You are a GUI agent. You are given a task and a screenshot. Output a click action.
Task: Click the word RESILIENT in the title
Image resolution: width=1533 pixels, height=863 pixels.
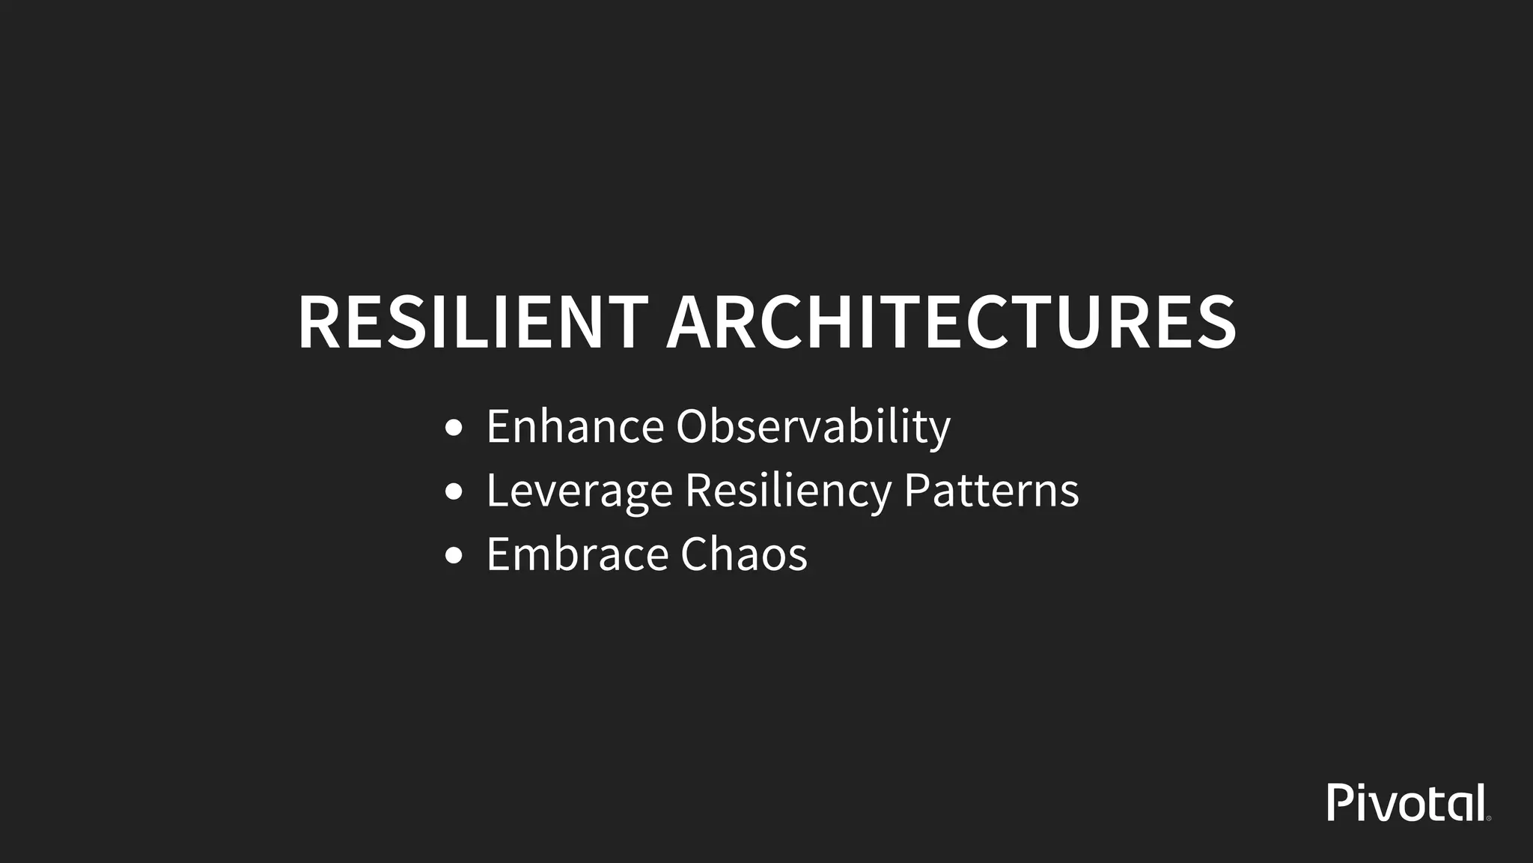(x=472, y=322)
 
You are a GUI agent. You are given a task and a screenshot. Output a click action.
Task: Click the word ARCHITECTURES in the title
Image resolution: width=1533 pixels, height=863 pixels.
(x=951, y=322)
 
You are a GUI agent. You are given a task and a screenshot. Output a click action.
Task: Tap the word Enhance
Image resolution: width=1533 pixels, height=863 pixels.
(x=575, y=426)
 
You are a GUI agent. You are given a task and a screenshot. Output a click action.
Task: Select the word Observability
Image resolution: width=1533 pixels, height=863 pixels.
(x=813, y=428)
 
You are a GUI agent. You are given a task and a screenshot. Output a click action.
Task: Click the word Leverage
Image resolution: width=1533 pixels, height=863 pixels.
(x=579, y=491)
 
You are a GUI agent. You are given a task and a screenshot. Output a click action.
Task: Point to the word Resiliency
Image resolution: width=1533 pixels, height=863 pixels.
(x=787, y=491)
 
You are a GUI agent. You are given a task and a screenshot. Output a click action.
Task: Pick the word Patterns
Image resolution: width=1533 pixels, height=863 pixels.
(x=991, y=490)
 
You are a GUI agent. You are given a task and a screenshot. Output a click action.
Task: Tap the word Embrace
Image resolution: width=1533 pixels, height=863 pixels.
(x=577, y=554)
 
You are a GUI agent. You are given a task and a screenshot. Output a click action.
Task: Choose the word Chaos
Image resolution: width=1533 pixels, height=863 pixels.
(x=744, y=554)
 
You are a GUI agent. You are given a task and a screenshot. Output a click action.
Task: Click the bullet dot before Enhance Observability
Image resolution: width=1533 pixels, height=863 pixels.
(x=454, y=429)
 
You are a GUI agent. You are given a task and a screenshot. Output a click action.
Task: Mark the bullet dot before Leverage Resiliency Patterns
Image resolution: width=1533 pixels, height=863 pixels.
(x=454, y=492)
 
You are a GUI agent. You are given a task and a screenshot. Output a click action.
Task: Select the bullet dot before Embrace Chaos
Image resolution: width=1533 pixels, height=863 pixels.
(x=454, y=556)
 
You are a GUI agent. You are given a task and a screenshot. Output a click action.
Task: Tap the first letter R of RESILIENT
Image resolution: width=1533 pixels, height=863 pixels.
(x=321, y=322)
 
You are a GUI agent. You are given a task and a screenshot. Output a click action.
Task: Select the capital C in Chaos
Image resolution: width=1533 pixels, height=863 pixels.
(x=699, y=554)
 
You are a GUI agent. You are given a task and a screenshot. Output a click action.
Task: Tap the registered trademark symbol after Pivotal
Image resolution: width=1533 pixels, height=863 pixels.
(x=1489, y=819)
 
